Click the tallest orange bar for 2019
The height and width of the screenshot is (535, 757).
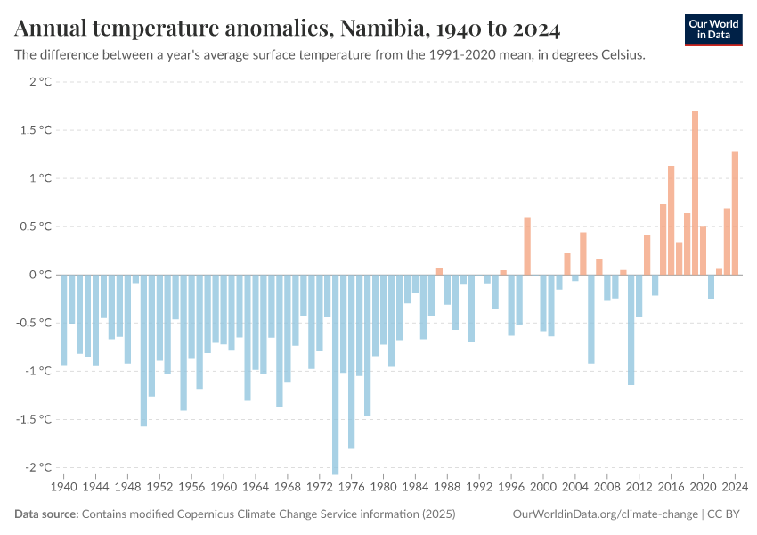[x=695, y=193]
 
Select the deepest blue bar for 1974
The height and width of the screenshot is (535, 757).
[x=335, y=374]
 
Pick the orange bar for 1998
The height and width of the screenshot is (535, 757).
[x=527, y=245]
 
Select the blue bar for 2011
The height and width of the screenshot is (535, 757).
[x=631, y=329]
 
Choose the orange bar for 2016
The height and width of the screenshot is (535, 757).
[x=671, y=219]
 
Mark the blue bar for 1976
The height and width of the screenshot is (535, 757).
[x=351, y=361]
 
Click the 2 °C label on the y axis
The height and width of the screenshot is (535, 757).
[x=40, y=82]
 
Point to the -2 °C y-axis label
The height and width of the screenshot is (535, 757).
[x=38, y=467]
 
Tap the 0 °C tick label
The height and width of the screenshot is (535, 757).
[x=40, y=275]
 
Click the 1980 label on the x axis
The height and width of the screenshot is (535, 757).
[x=383, y=488]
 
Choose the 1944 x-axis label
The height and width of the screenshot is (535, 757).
[x=95, y=488]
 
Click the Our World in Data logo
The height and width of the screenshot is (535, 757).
[x=712, y=29]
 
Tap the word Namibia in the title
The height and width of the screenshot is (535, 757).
[x=380, y=29]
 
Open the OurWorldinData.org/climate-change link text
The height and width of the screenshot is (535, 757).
[x=605, y=514]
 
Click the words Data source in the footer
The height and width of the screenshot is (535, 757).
[x=46, y=514]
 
